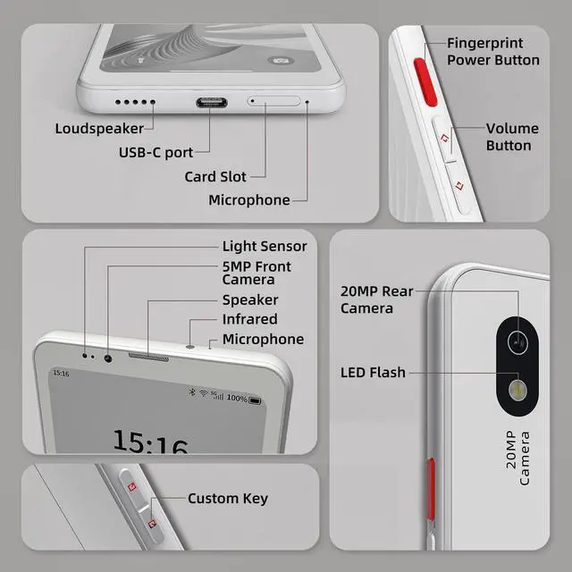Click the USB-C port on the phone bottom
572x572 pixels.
coord(211,101)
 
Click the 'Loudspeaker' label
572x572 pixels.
coord(99,129)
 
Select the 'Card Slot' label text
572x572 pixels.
coord(214,176)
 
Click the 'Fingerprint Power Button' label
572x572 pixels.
coord(492,52)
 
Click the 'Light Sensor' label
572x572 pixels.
coord(264,246)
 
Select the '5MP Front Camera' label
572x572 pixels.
coord(257,273)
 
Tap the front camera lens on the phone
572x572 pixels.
coord(108,357)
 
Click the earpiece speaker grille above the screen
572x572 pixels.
coord(147,357)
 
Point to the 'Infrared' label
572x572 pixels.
coord(249,319)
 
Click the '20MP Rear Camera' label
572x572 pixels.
coord(376,299)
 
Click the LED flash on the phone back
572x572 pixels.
coord(516,389)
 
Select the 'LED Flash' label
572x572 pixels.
coord(373,372)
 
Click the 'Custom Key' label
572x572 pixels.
coord(227,498)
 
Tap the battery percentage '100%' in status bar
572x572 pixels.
coord(237,398)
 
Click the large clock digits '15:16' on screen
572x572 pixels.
coord(149,442)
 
